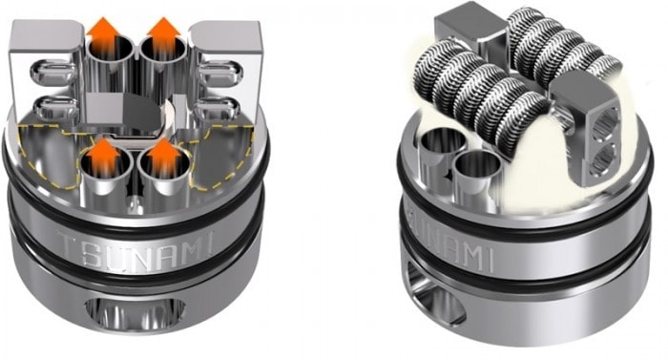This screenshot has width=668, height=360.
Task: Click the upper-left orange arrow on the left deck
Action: click(102, 35)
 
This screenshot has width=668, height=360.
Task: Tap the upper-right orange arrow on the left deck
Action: click(164, 35)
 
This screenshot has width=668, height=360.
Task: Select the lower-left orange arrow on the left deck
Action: click(102, 156)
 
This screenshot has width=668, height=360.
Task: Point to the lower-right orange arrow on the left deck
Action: click(164, 156)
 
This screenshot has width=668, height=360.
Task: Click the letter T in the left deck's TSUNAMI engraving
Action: click(65, 249)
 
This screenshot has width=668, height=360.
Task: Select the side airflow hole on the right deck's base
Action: click(437, 294)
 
